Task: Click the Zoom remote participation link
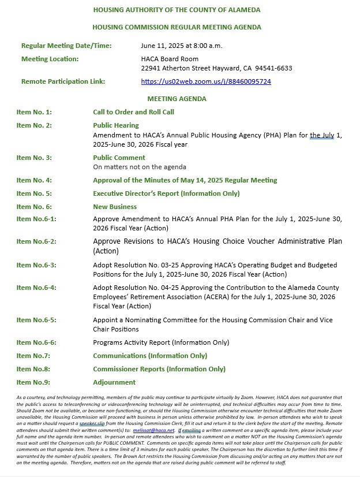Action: (x=206, y=81)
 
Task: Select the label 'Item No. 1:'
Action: (x=34, y=112)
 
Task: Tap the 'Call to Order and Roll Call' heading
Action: (x=133, y=112)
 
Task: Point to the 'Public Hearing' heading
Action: (x=116, y=125)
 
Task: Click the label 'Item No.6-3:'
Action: (x=36, y=265)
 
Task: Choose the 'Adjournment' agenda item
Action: (x=114, y=382)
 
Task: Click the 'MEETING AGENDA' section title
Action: (x=177, y=99)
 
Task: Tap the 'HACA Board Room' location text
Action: (x=170, y=59)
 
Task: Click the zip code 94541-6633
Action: (x=275, y=68)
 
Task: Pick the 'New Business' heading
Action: (x=115, y=207)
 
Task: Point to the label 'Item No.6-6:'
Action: (x=36, y=342)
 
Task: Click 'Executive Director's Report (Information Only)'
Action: (x=166, y=193)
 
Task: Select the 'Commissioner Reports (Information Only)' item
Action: (x=159, y=369)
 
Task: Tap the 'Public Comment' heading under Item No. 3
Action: (x=119, y=158)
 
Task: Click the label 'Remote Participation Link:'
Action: (x=63, y=81)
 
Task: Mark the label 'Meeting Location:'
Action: (x=50, y=59)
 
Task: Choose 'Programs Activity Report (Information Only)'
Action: (x=161, y=342)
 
